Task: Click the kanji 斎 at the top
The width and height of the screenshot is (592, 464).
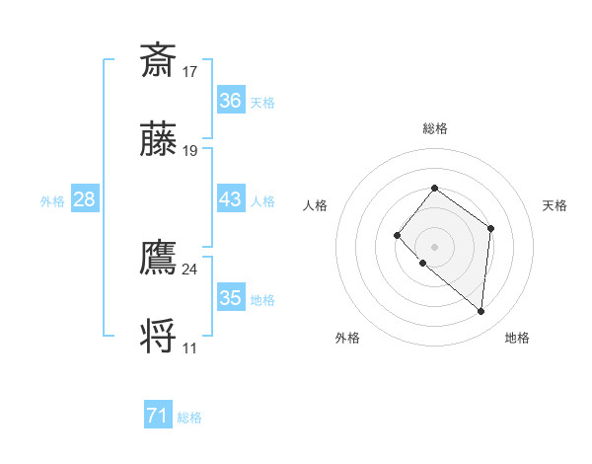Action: (159, 60)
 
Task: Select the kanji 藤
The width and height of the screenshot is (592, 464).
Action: (159, 141)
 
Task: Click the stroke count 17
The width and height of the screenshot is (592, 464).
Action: (190, 71)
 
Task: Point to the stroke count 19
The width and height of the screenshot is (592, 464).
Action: (190, 151)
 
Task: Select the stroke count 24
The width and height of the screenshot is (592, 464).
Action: (190, 269)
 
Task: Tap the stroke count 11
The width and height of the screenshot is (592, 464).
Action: (190, 348)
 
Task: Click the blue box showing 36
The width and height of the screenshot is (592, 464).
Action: (231, 101)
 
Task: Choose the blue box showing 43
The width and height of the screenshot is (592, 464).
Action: (231, 199)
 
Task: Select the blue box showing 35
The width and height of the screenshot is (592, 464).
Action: (231, 298)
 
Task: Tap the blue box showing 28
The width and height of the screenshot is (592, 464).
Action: (85, 199)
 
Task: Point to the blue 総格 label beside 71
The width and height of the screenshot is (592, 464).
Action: (189, 418)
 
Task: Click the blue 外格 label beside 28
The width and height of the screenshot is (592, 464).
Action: (52, 200)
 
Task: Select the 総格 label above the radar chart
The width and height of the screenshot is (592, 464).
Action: (434, 128)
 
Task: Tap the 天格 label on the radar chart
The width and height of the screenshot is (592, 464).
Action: (555, 205)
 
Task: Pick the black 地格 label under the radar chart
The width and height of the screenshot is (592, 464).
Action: (517, 338)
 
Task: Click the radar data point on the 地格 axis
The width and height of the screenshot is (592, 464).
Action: (481, 311)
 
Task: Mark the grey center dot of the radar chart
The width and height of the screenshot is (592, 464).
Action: (434, 246)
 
